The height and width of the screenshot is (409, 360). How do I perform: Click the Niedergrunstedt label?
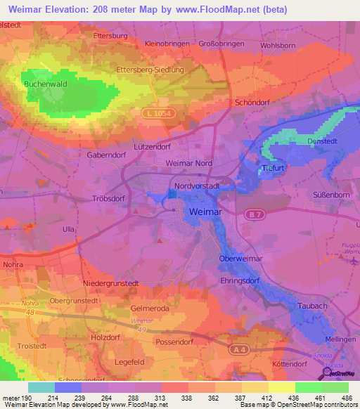[x=111, y=283]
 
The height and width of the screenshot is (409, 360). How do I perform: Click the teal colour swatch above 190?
[x=41, y=387]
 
